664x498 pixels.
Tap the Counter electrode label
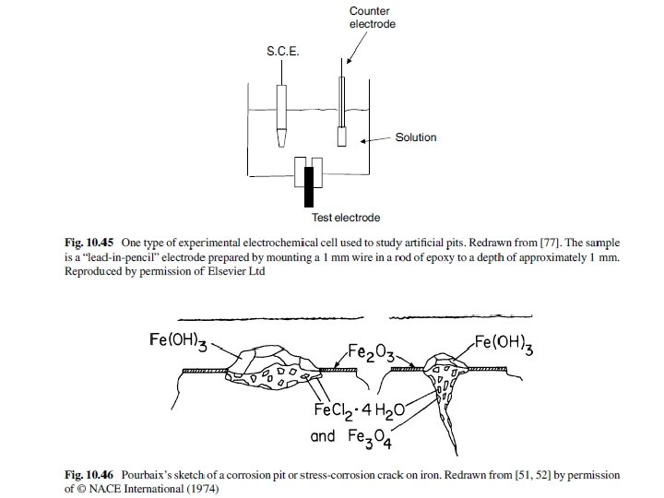(372, 17)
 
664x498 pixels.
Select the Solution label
(416, 138)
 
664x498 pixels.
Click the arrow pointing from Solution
(376, 139)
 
